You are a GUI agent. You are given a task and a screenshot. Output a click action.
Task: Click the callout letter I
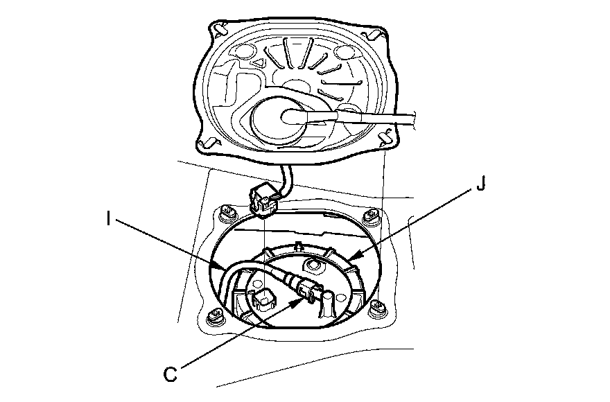point(110,219)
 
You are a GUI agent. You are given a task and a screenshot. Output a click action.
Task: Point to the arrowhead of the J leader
point(348,261)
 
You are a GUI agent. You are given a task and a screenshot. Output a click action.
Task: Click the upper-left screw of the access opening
point(225,211)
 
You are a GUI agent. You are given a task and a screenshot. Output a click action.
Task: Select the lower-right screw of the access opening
point(378,310)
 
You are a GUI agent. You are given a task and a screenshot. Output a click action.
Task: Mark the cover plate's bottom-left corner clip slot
point(205,143)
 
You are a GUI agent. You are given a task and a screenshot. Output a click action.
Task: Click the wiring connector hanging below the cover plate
point(261,200)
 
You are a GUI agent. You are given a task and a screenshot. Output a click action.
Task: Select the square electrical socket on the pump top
point(261,297)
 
